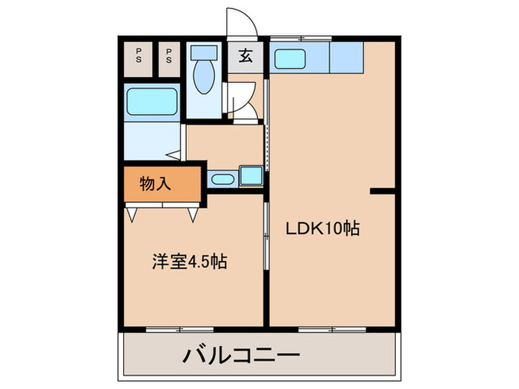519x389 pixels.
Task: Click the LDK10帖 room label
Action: pos(323,229)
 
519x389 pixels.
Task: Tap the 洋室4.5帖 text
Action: pos(190,262)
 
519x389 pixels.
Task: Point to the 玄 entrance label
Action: pos(244,54)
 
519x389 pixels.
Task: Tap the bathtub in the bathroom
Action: pos(151,102)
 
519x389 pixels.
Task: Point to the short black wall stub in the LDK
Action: pos(383,191)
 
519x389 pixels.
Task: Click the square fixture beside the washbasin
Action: pos(250,176)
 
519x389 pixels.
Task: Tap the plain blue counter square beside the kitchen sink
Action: pos(346,57)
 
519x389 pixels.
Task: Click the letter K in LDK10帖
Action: pos(315,229)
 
